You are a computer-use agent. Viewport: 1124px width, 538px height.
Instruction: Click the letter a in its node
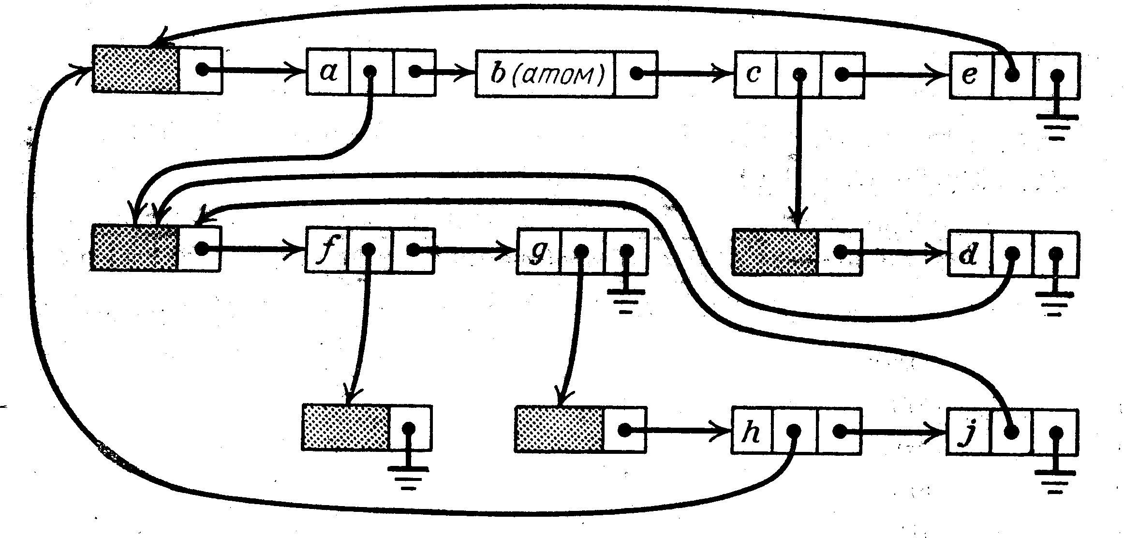coord(328,72)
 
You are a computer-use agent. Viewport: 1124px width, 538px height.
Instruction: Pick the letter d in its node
coord(968,254)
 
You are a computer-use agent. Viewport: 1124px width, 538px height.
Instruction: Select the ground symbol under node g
coord(625,300)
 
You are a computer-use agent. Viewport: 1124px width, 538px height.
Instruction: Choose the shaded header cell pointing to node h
coord(559,429)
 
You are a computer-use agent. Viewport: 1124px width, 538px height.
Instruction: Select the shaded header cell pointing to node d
coord(775,253)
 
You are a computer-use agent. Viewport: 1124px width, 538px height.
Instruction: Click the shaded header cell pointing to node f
coord(135,247)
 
